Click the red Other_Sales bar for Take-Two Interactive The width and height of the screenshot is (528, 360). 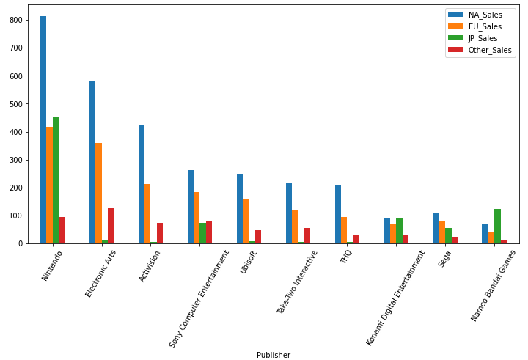coord(307,235)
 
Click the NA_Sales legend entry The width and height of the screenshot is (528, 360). coord(483,15)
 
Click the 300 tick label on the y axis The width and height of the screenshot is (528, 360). coord(16,160)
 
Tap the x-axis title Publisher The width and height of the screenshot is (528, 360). coord(274,355)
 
